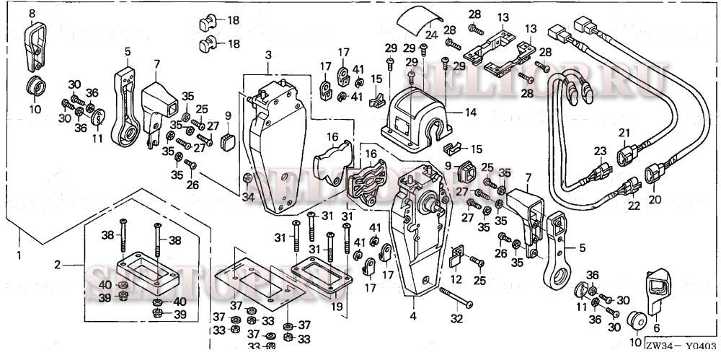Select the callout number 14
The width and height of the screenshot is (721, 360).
click(x=472, y=113)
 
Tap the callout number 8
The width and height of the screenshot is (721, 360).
click(x=32, y=13)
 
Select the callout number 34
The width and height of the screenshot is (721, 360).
click(x=249, y=198)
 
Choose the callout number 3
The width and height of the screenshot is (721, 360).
click(x=267, y=55)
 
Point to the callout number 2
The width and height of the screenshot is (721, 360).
click(x=58, y=265)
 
